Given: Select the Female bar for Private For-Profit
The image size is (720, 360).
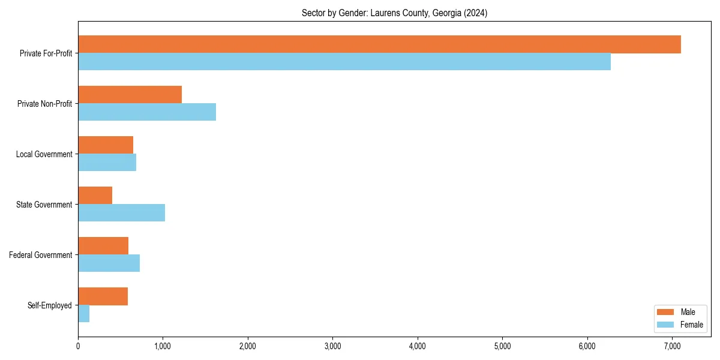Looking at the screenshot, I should point(344,62).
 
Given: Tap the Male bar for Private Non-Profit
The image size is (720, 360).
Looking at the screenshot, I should point(130,95).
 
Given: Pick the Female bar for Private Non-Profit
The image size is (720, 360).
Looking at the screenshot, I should point(147,112).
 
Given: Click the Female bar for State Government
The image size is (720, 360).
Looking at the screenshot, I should point(121,213).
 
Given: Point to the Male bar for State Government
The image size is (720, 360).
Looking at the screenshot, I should point(95,196).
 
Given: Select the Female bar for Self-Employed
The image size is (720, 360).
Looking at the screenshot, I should point(84,314).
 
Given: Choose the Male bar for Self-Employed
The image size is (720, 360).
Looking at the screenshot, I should point(103,296).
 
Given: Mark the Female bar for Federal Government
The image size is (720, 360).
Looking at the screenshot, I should point(109,263).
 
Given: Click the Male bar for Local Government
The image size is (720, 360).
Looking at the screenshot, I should point(106,145).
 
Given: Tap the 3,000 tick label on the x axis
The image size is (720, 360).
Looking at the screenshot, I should point(332,346).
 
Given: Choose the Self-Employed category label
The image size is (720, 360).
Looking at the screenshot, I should point(50,305).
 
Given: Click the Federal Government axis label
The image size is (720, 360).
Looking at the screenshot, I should point(41,255).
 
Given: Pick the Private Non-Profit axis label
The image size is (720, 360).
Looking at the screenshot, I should point(44,104).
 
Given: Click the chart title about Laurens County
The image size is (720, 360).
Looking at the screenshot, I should point(394,13).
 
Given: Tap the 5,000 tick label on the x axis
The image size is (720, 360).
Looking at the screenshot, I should point(502,346).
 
